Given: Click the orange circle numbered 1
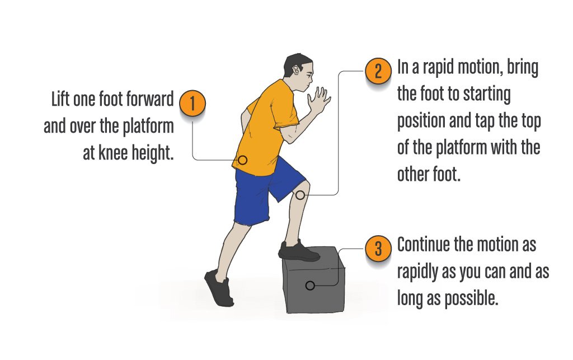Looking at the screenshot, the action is tap(192, 103).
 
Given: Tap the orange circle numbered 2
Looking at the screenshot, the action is tap(378, 71).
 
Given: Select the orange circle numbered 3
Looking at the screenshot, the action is tap(378, 249).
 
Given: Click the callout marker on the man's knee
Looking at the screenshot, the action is tap(300, 195).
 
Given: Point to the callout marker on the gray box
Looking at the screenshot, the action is tap(310, 286).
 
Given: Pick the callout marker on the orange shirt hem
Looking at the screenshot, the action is tap(243, 160).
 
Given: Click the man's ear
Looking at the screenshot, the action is tap(295, 70).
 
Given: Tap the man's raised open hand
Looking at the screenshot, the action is tap(318, 100).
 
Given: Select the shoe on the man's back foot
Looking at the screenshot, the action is tap(219, 288).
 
